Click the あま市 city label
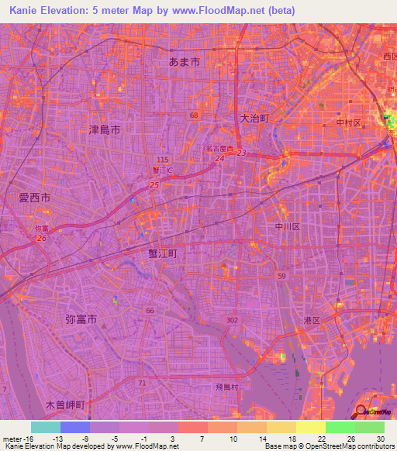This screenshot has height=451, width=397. [185, 60]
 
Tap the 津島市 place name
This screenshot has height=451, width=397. [105, 131]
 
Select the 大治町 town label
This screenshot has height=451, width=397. [253, 118]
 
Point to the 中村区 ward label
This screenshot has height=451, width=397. [344, 121]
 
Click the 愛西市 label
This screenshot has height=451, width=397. [34, 198]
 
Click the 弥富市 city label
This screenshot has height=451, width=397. [80, 318]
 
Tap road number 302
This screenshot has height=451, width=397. [233, 318]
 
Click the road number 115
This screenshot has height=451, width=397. [161, 159]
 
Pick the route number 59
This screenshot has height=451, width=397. [282, 276]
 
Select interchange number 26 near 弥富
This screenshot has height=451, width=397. [40, 238]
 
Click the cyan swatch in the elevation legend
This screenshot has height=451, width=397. [46, 427]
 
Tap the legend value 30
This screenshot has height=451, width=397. [379, 437]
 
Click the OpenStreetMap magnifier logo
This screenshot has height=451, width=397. [361, 411]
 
